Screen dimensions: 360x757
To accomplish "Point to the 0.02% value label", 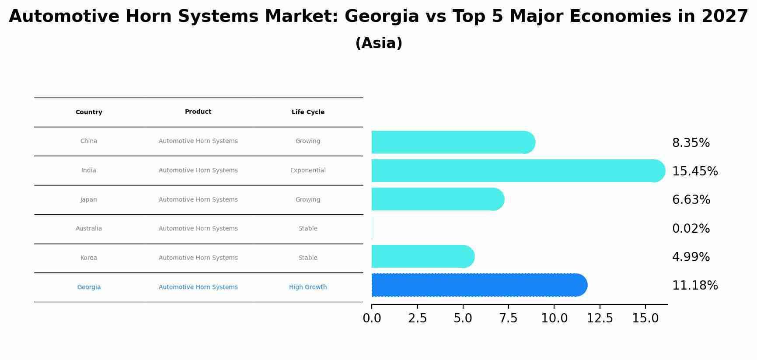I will tap(691, 229).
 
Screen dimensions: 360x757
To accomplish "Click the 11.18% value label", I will tap(694, 286).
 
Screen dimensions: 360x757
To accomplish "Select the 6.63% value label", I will tap(691, 200).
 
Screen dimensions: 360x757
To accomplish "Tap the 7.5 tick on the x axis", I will tap(508, 318).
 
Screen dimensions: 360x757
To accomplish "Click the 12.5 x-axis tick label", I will tap(600, 318).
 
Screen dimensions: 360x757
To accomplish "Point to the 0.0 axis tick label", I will tap(372, 318).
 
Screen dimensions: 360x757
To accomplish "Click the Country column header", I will tap(89, 112).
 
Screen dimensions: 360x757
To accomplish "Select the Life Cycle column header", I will tap(308, 112).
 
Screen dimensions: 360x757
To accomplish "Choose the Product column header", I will tap(198, 112).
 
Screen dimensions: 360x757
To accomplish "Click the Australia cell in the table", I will tap(89, 229).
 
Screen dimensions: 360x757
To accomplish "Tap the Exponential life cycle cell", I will tap(308, 171).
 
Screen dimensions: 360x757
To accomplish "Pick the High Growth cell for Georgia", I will tap(308, 287).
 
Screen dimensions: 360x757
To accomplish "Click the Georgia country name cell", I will tap(89, 287).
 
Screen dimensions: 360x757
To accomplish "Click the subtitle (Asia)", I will tap(379, 43).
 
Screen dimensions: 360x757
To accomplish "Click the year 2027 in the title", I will tap(725, 17).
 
